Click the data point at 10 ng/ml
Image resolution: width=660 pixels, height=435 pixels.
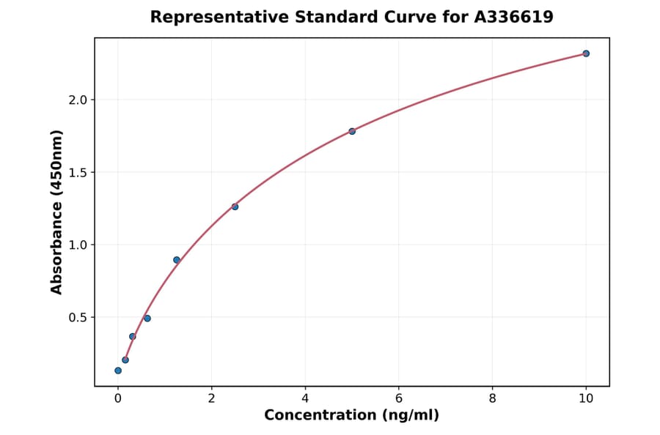[x=586, y=53]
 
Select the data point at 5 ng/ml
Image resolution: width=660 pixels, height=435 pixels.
[x=352, y=131]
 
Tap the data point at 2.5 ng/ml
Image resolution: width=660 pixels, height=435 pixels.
[x=235, y=207]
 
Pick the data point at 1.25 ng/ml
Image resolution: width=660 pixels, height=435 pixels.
[x=177, y=260]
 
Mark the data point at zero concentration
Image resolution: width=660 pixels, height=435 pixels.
[x=118, y=371]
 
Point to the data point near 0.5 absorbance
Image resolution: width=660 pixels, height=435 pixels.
[x=147, y=319]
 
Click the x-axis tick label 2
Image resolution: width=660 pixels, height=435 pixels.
[x=211, y=398]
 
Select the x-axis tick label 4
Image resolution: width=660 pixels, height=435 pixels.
[x=305, y=398]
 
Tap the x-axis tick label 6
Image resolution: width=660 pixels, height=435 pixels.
[x=399, y=398]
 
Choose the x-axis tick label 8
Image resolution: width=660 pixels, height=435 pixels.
[x=492, y=398]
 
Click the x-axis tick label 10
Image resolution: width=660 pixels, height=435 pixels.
[x=586, y=398]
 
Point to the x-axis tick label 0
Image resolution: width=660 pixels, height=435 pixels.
[x=118, y=398]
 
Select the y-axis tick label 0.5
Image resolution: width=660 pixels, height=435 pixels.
[x=77, y=318]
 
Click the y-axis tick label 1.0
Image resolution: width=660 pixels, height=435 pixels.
[x=77, y=245]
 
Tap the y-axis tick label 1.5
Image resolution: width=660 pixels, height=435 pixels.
[x=77, y=172]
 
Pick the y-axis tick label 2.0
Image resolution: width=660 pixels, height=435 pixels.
[x=77, y=100]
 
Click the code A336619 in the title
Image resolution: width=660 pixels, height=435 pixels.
[x=513, y=17]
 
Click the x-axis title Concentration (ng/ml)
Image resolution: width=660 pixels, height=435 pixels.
[x=351, y=416]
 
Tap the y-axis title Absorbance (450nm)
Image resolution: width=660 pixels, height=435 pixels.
[x=57, y=212]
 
